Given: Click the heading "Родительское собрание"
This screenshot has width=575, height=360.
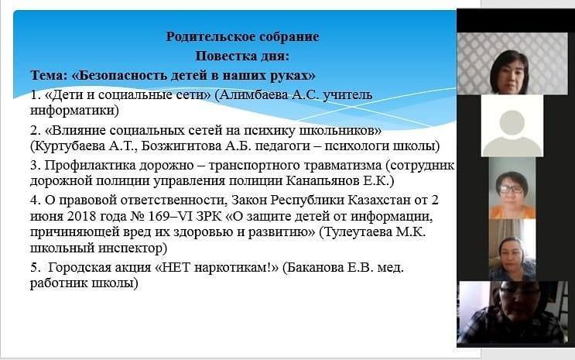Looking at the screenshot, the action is [242, 36].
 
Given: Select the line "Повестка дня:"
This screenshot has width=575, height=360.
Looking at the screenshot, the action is [242, 57].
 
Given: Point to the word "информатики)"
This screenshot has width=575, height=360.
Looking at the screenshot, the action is [74, 110].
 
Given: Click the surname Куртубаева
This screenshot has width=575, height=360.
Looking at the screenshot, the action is [68, 146].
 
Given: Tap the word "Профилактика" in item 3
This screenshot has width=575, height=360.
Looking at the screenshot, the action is [90, 166].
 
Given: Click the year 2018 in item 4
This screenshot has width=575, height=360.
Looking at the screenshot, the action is [79, 216].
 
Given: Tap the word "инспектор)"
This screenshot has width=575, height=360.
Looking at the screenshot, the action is [132, 248].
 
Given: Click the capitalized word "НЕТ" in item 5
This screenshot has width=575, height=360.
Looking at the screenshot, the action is [176, 267].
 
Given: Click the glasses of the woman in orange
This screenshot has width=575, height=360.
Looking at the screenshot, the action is [512, 190].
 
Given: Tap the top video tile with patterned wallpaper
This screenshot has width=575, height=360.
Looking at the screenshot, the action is [512, 63].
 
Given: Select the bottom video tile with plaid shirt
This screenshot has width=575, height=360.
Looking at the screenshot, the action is [512, 312].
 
